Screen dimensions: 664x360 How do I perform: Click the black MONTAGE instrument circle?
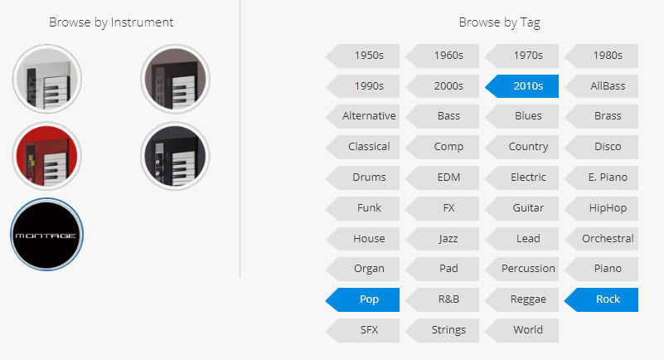[x=46, y=234]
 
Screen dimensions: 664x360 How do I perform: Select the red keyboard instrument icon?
[x=46, y=156]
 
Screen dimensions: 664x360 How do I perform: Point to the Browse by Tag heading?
[x=499, y=22]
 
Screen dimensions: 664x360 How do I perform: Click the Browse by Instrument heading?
[x=111, y=22]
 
